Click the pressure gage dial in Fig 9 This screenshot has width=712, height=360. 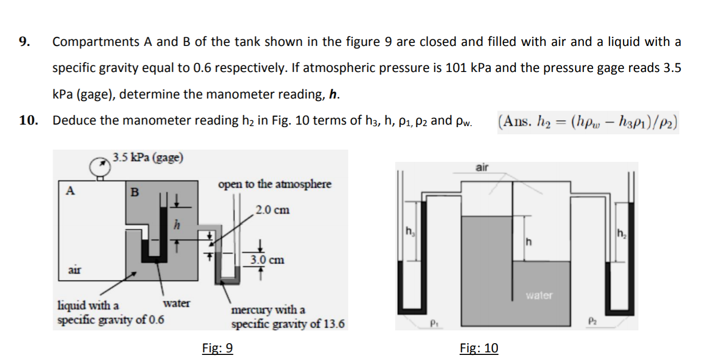coord(98,166)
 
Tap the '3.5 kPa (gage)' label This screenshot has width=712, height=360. coord(148,157)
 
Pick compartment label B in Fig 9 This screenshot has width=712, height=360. coord(134,193)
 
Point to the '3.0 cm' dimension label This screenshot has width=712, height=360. coord(267,259)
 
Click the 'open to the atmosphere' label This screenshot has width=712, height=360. coord(275,184)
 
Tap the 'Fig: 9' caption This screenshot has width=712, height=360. coord(218,348)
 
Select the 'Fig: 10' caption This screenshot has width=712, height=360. coord(479,348)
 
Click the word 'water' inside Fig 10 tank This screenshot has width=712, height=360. coord(539,295)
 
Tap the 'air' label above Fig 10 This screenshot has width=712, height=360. coord(482,167)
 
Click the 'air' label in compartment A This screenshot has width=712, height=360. coord(76,269)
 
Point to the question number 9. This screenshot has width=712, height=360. coord(23,42)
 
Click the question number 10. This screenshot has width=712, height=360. coord(28,121)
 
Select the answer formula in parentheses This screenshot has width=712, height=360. coord(587,123)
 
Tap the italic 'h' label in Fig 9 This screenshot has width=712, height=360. coord(176,225)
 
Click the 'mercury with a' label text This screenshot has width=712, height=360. coord(268,310)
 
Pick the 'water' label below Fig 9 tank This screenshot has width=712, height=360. coord(176,303)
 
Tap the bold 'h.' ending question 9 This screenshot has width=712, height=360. coord(335,94)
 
